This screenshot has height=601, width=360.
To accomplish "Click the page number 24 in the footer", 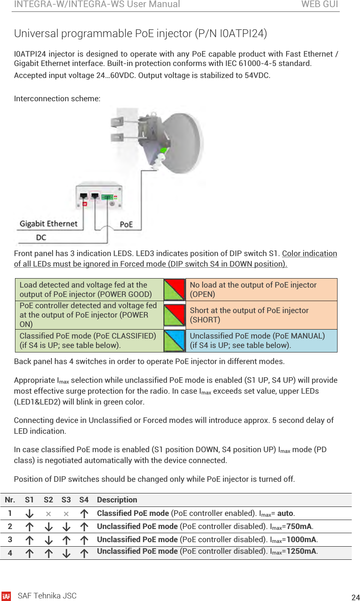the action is (x=355, y=597).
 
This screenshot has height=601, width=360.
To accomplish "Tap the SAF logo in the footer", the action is (x=6, y=596).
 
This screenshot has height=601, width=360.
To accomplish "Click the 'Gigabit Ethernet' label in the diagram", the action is (x=48, y=224).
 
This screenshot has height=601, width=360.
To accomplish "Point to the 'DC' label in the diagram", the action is (x=41, y=237).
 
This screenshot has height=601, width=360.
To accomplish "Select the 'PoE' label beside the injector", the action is (x=126, y=224).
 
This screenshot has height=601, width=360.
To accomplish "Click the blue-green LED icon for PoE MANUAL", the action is (x=175, y=340).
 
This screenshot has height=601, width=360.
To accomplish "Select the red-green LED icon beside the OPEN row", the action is (x=175, y=289).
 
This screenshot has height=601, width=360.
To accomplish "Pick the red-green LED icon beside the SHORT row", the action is (x=175, y=315).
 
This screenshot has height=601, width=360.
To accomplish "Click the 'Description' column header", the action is (x=117, y=500).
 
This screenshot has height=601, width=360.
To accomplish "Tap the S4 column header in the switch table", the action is (x=84, y=500).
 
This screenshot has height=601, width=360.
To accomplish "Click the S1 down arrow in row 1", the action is (x=29, y=514).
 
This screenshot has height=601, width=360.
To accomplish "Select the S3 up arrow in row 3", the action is (x=66, y=540).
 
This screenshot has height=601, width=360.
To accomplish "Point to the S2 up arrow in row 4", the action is (x=48, y=553).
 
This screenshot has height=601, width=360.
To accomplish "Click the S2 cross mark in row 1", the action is (x=48, y=514).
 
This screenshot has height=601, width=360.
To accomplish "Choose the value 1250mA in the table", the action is (x=301, y=551).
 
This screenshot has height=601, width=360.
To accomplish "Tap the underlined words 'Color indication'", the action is (x=309, y=253).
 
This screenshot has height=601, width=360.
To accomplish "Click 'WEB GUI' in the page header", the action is (x=319, y=4).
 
